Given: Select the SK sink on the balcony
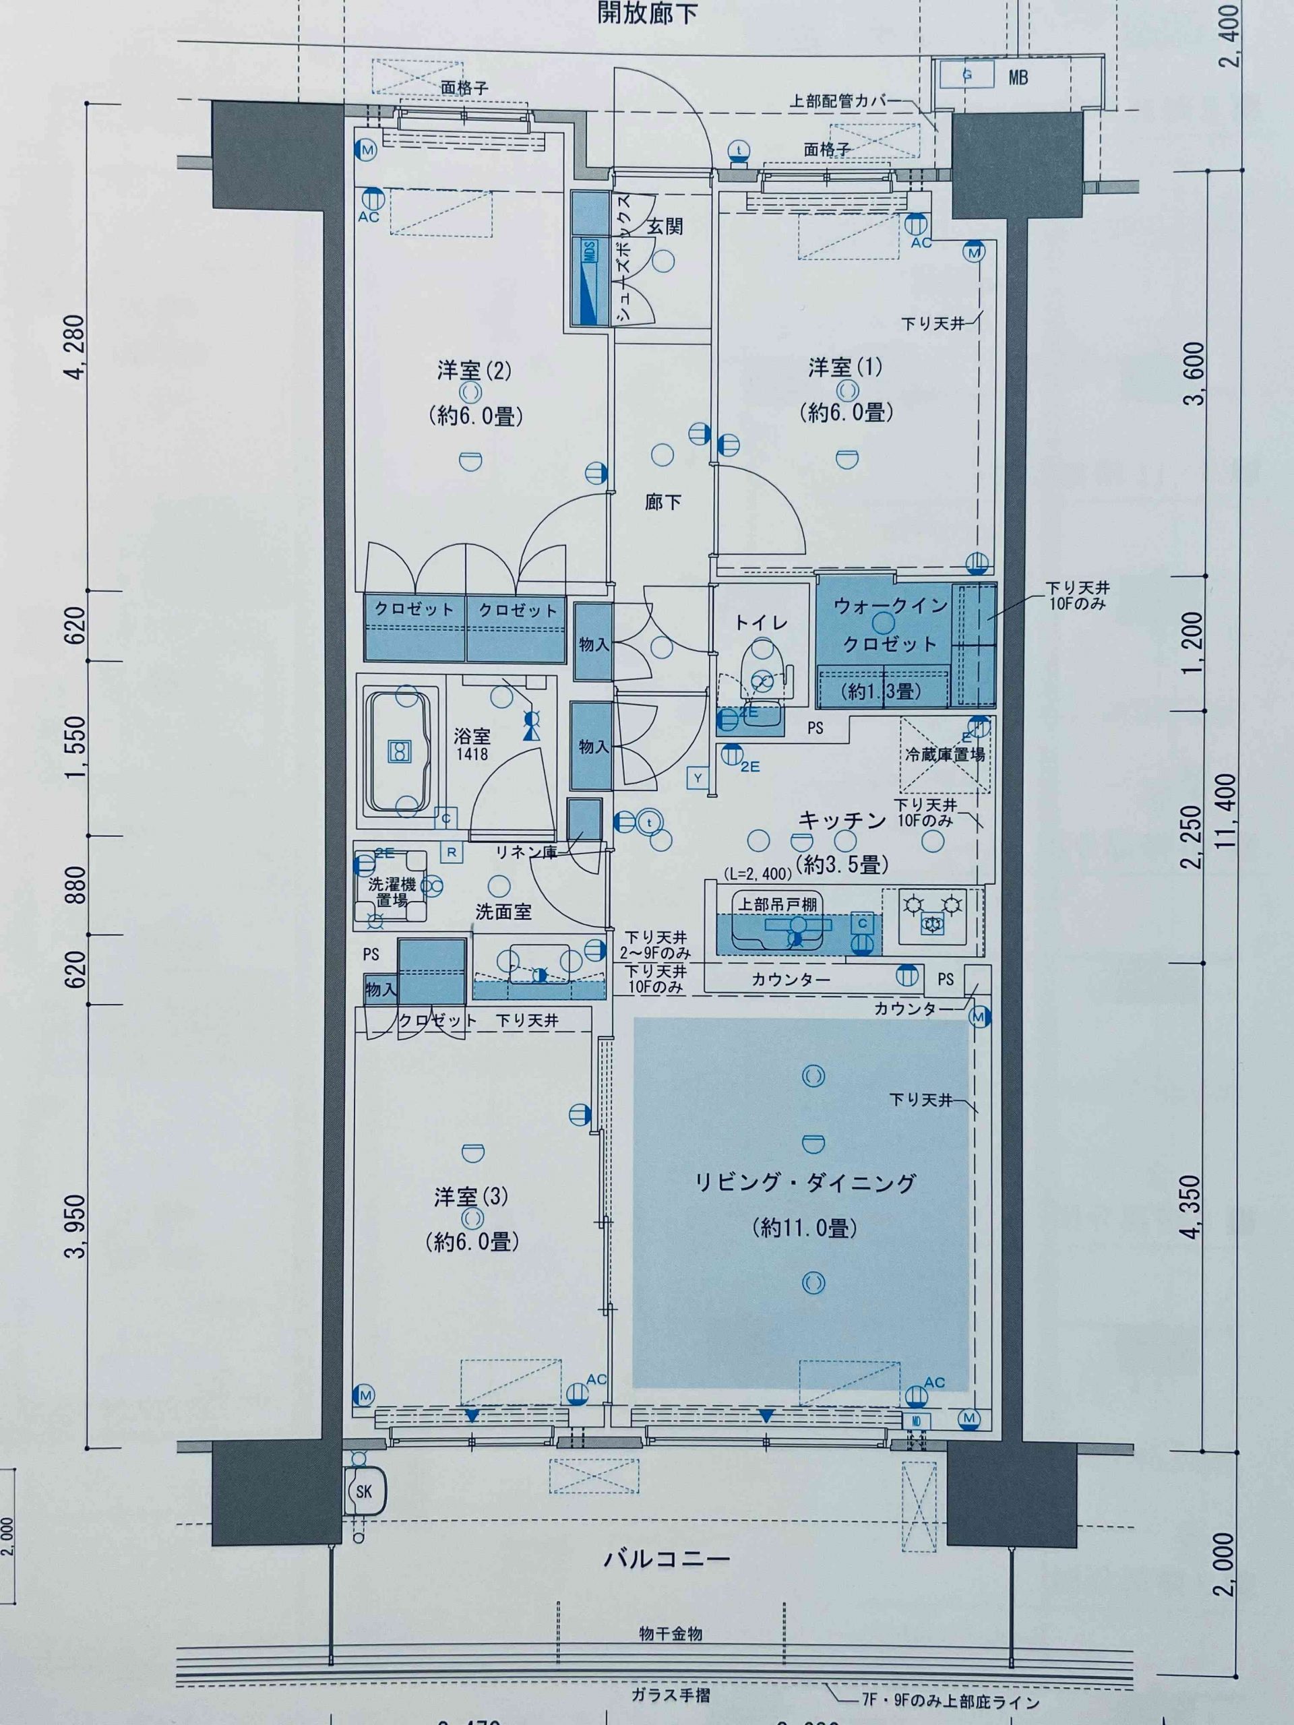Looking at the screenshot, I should point(364,1491).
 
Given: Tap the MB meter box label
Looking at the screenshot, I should point(1018,77).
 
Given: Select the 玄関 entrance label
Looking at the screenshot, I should point(665,226).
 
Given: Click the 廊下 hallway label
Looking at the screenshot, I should point(663,501).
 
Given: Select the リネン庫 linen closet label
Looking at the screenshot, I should point(524,852).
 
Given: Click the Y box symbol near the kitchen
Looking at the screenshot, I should point(698,778).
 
